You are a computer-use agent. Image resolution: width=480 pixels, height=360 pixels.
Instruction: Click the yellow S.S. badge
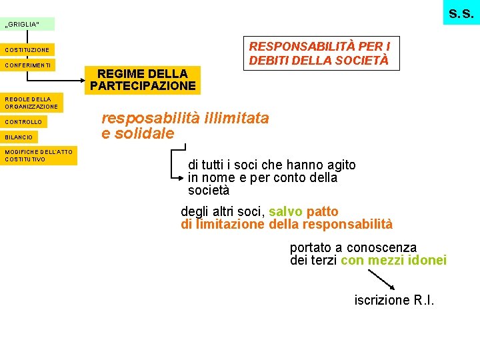pyautogui.click(x=461, y=13)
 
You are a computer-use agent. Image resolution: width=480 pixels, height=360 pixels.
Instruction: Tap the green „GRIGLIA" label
pyautogui.click(x=27, y=25)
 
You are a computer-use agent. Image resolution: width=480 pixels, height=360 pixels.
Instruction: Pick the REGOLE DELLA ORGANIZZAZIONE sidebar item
pyautogui.click(x=31, y=103)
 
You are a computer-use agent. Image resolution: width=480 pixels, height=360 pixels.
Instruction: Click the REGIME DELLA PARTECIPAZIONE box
pyautogui.click(x=143, y=79)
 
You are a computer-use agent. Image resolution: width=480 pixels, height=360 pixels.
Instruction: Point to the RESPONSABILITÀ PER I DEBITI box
pyautogui.click(x=320, y=53)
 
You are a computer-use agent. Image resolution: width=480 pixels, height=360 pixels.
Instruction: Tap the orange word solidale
pyautogui.click(x=144, y=134)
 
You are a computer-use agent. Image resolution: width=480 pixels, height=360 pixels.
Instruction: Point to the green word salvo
pyautogui.click(x=285, y=212)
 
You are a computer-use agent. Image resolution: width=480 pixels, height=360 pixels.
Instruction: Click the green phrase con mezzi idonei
pyautogui.click(x=393, y=260)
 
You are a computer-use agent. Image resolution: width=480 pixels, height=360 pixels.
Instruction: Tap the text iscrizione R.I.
pyautogui.click(x=394, y=300)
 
